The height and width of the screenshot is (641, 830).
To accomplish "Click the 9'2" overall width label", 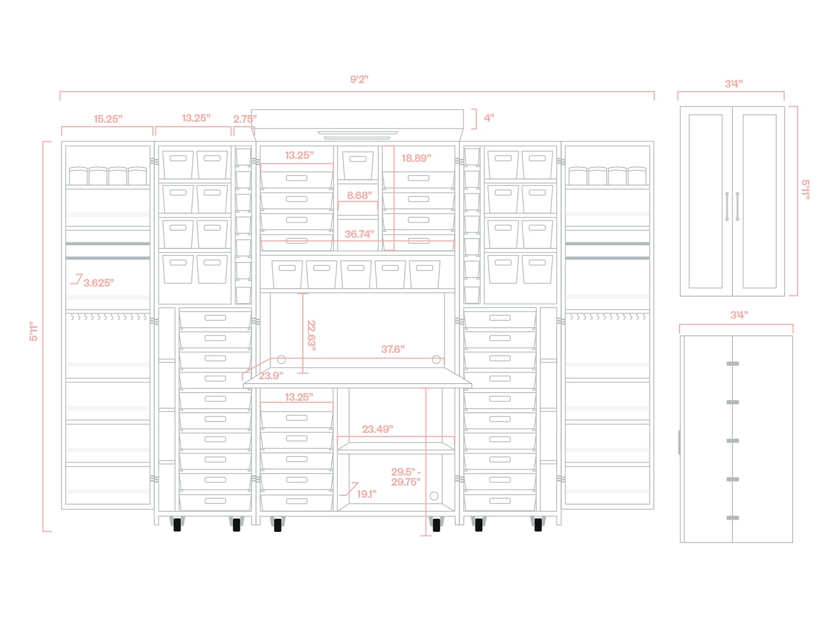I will coord(359,79).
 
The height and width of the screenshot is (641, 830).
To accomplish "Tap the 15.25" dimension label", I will coord(108,119).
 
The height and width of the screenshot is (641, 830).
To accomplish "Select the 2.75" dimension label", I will coord(245,119).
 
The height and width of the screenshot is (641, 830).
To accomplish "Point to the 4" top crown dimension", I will coord(489,118).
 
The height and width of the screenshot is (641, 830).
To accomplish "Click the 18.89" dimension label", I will coord(416,158).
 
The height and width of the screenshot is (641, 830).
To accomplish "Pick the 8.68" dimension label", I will coord(359,196).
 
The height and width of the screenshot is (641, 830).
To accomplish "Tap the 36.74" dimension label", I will coord(359,234).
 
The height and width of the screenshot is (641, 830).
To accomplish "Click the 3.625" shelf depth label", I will coord(99,283).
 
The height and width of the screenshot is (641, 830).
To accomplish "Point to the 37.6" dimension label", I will coord(393,349).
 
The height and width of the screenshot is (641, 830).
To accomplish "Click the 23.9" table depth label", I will coord(271,376).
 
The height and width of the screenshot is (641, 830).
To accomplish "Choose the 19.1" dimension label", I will coord(367,494).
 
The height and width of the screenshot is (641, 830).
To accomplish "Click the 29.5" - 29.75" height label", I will coord(405,477).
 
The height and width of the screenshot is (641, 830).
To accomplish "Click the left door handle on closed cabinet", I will coord(727,206).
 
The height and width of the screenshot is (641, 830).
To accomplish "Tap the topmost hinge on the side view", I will coord(733,363).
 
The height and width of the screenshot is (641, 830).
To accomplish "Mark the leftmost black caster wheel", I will coord(177,525).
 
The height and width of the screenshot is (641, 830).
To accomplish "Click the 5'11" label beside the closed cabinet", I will coord(805,190).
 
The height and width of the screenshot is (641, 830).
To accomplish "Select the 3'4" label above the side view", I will coord(739,315).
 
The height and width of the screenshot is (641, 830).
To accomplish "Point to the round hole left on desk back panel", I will coord(282,359).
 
